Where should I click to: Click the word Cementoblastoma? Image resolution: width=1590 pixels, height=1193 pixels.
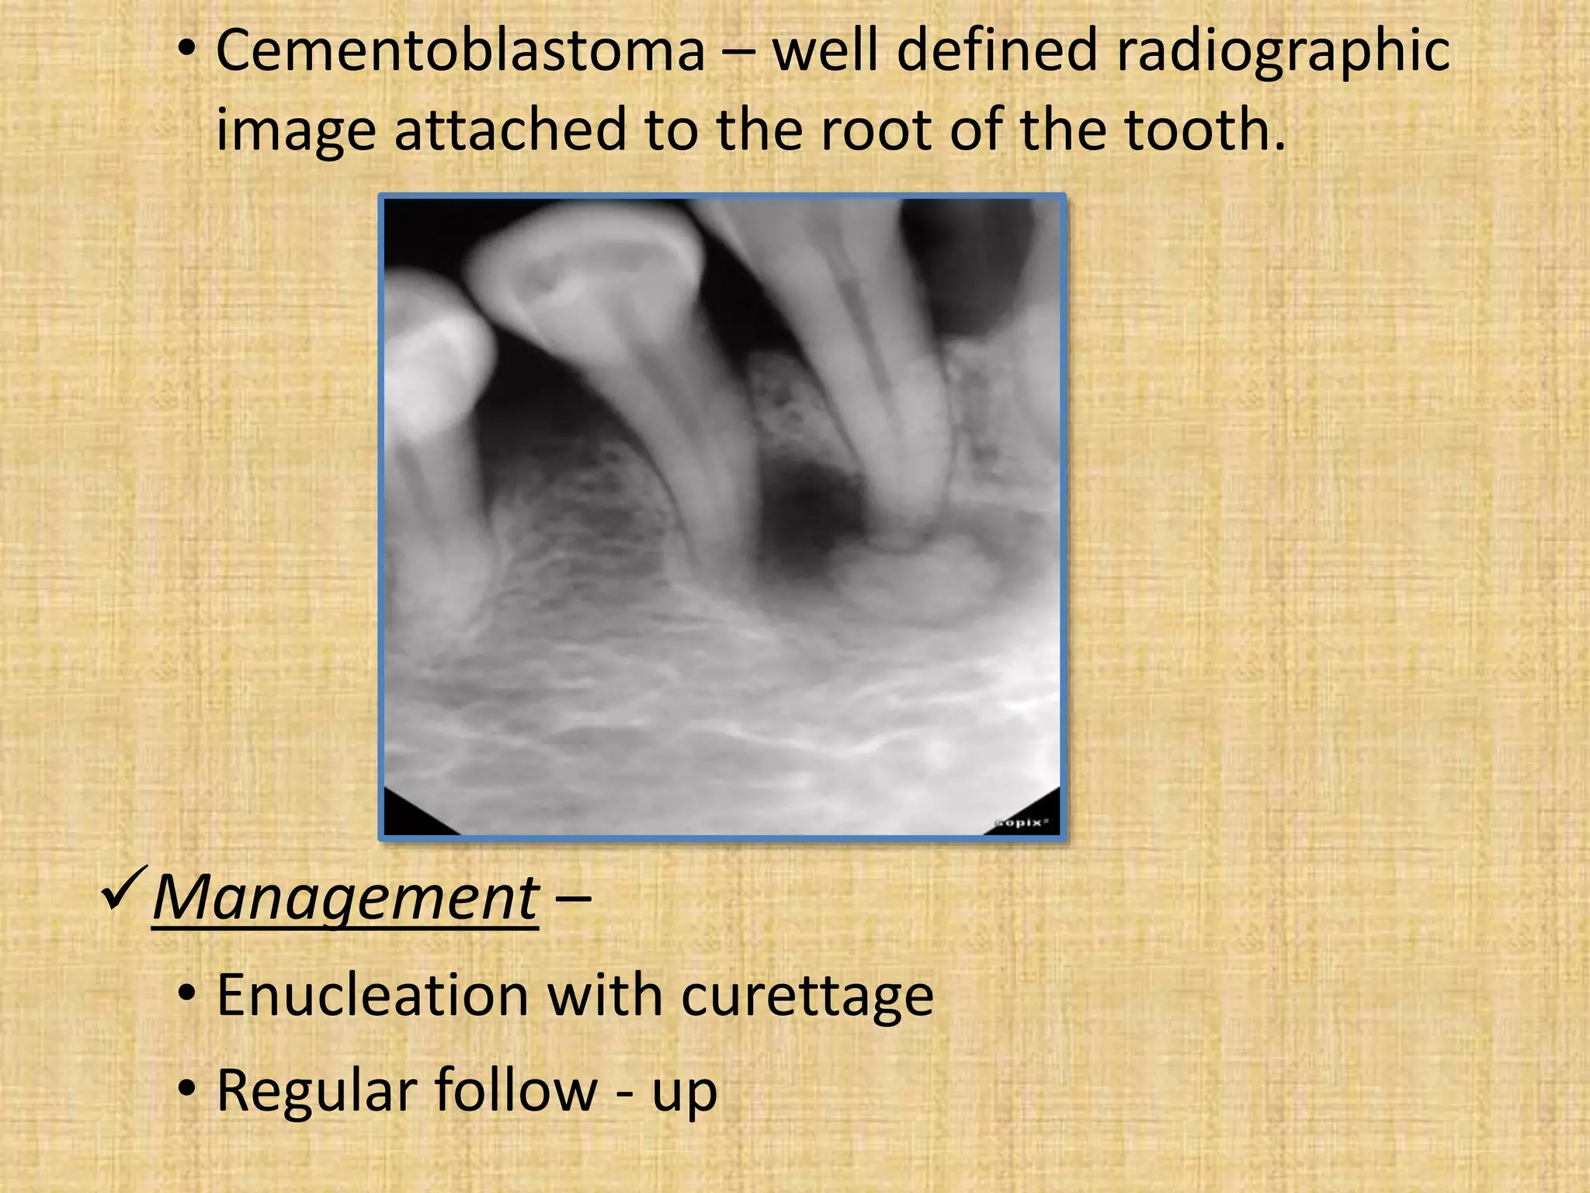[460, 51]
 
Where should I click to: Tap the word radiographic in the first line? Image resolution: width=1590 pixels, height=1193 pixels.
[1282, 51]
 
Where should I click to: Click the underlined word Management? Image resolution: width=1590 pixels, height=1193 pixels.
[345, 897]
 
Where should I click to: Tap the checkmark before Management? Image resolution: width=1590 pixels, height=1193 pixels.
[123, 891]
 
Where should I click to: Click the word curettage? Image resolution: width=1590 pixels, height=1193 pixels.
[807, 996]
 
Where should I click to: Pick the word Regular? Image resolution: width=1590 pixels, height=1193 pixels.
[314, 1090]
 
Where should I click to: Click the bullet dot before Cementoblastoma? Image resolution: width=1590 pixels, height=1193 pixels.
[186, 51]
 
